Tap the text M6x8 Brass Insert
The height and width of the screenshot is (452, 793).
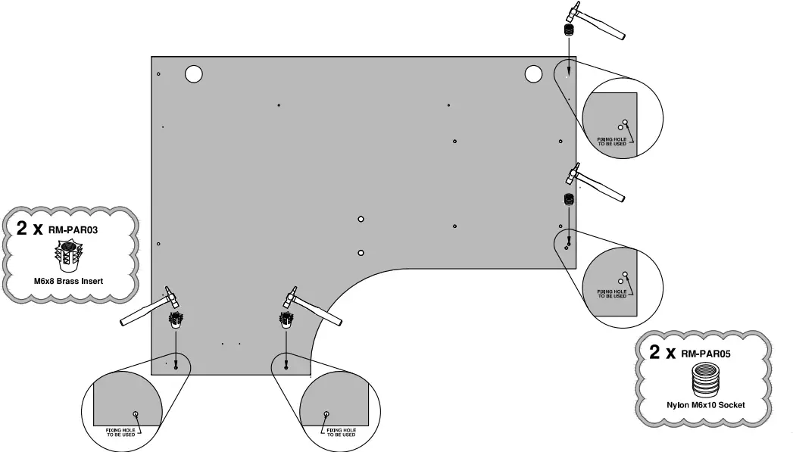[68, 282]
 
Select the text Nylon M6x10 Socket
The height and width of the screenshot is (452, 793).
[705, 405]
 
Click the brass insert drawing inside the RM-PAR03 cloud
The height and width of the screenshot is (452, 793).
[70, 256]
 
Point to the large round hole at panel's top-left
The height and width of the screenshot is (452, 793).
[194, 73]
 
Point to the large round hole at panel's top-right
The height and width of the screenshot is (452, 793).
[533, 73]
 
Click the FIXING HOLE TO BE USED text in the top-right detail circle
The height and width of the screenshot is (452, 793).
[612, 142]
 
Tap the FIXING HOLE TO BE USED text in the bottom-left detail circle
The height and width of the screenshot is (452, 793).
[121, 432]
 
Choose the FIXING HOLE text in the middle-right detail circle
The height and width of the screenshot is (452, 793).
[612, 294]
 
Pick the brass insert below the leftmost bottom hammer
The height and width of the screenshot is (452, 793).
[176, 320]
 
